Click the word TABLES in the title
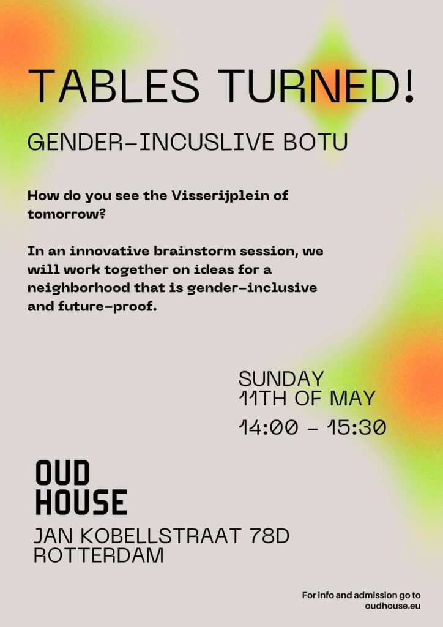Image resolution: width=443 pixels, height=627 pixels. click(113, 86)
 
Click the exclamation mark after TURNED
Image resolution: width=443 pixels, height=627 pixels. click(409, 86)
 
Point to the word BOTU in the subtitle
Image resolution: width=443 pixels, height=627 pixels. click(316, 142)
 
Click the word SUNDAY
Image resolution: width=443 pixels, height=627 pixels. click(281, 378)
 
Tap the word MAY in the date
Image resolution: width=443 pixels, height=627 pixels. click(352, 398)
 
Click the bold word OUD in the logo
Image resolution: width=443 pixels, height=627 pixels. click(62, 473)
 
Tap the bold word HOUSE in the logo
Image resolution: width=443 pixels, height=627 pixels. click(81, 502)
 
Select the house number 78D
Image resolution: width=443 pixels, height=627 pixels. click(269, 536)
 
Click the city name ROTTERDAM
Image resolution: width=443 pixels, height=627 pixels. click(99, 555)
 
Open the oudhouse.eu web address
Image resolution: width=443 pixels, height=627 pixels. click(393, 606)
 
